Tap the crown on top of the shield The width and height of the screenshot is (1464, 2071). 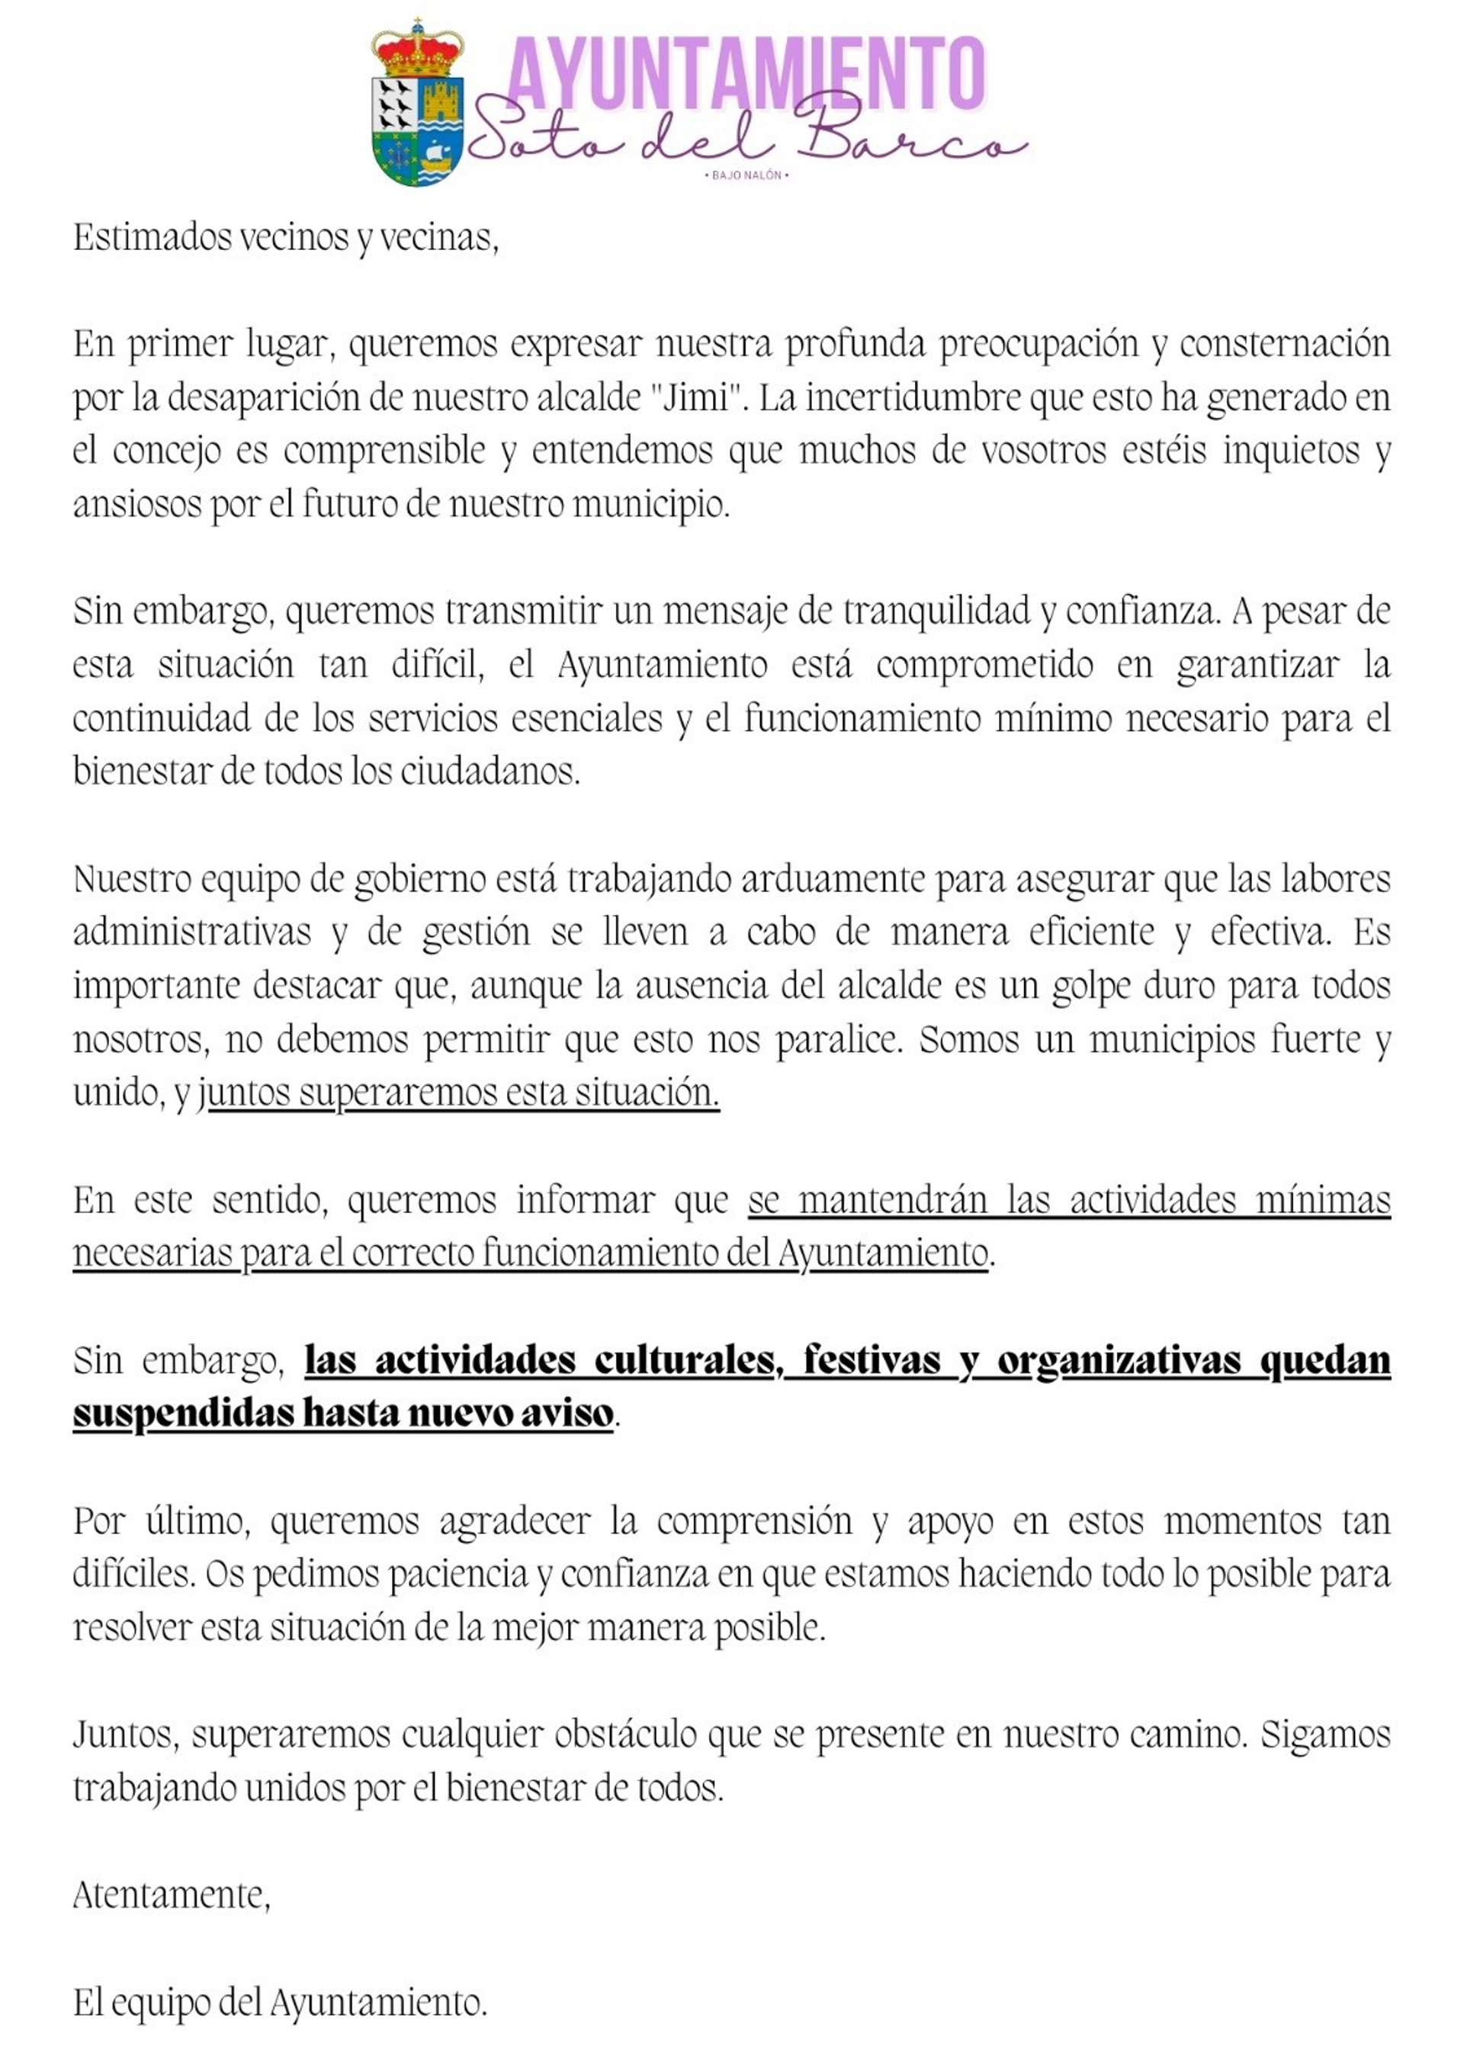(x=418, y=50)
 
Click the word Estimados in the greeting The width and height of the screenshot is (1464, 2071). (x=152, y=237)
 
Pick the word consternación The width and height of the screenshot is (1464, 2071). (x=1285, y=344)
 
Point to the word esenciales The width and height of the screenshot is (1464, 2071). (x=586, y=719)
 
